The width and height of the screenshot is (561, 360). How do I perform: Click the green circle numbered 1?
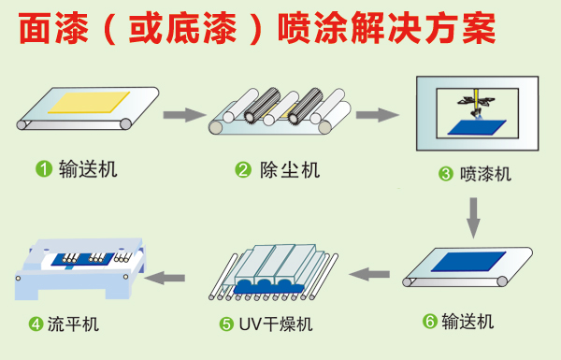[44, 169]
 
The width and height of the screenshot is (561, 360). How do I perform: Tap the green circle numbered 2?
[243, 170]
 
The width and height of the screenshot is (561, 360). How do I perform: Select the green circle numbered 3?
[446, 174]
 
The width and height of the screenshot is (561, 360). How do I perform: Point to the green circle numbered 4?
[36, 324]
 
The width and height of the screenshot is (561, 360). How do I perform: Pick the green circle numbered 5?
[226, 324]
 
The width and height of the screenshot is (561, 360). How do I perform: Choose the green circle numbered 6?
[430, 322]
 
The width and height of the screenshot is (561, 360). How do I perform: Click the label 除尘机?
[290, 170]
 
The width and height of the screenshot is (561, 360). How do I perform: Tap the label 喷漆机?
[485, 174]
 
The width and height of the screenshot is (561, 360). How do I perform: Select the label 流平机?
[73, 324]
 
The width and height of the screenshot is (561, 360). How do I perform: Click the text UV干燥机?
[276, 324]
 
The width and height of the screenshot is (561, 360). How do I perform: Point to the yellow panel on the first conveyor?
[89, 102]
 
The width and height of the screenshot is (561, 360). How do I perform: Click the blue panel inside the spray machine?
[477, 127]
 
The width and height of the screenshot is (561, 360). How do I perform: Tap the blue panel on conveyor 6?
[468, 262]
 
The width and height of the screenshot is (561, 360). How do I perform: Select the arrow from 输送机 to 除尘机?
[184, 115]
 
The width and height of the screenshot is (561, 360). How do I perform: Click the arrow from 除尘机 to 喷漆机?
[378, 115]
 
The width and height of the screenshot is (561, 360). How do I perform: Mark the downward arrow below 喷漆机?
[473, 218]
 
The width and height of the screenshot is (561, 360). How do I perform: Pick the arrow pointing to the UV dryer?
[369, 275]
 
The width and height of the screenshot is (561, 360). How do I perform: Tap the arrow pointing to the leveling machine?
[165, 278]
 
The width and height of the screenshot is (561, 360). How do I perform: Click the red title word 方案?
[461, 28]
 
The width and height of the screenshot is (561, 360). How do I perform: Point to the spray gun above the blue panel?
[476, 103]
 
